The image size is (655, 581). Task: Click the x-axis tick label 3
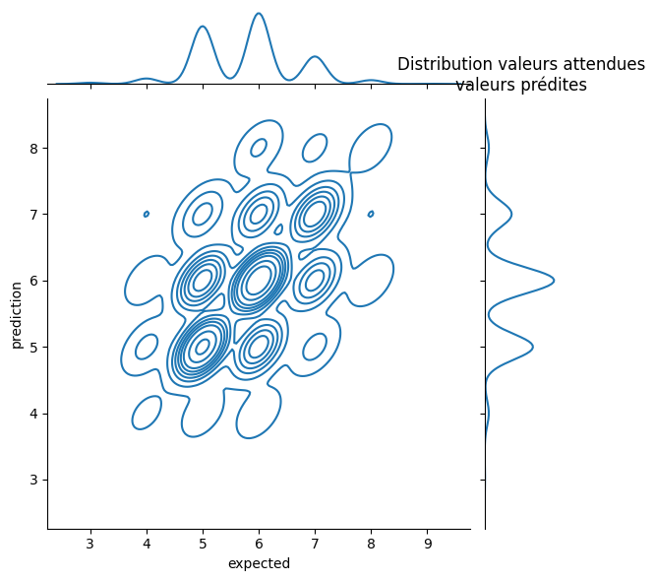tap(90, 544)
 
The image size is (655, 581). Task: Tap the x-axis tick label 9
tap(428, 544)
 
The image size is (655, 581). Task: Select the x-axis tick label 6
tap(259, 544)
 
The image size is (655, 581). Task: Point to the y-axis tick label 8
tap(32, 148)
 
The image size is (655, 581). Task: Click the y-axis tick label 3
tap(32, 480)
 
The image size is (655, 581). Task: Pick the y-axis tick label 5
tap(32, 347)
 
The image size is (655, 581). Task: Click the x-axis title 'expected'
tap(259, 564)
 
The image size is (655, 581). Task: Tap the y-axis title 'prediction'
tap(16, 314)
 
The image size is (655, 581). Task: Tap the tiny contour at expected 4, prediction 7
tap(147, 214)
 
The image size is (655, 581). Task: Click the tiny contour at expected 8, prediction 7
tap(371, 214)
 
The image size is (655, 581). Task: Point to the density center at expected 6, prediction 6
tap(259, 281)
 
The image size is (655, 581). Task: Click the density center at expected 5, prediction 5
tap(203, 347)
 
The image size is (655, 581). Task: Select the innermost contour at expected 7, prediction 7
tap(315, 214)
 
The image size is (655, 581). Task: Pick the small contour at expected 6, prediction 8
tap(259, 148)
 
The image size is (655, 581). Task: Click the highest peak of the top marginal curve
tap(259, 14)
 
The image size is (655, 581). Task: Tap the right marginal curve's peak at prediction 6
tap(554, 281)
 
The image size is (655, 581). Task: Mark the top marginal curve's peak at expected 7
tap(315, 57)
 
